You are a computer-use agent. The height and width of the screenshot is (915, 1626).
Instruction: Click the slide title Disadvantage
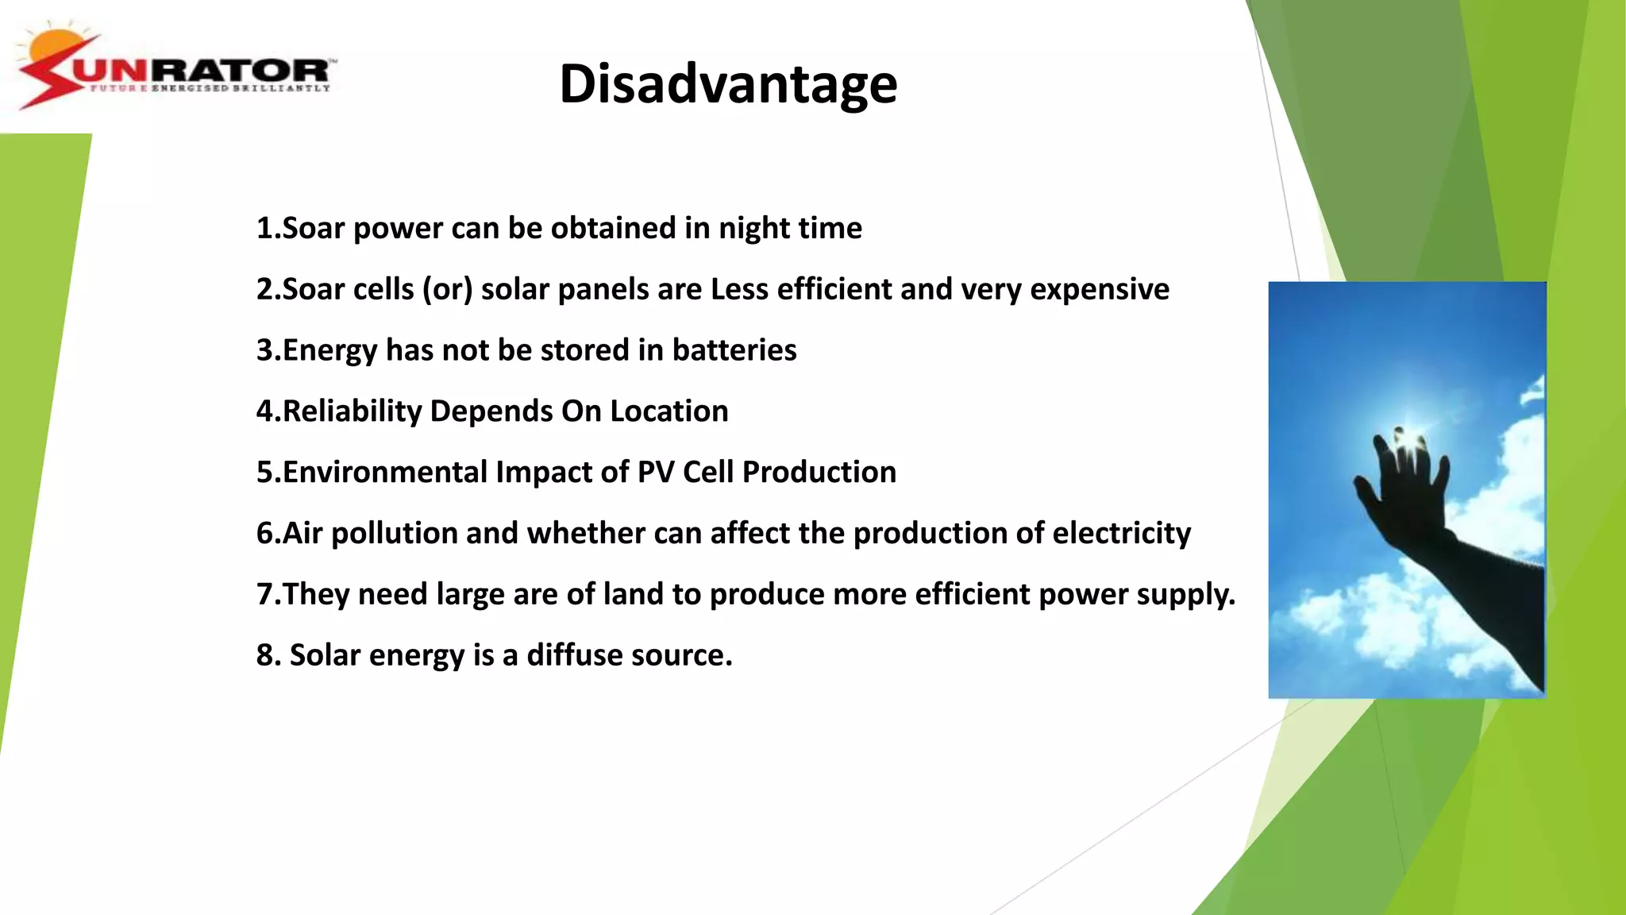[x=728, y=84]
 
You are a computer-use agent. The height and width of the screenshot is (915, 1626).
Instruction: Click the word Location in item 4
[x=669, y=411]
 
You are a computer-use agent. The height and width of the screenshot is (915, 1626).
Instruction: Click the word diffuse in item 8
[x=574, y=655]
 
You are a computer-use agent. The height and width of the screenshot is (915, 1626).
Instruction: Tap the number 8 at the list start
[x=264, y=655]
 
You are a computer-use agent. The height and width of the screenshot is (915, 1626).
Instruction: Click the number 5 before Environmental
[x=264, y=473]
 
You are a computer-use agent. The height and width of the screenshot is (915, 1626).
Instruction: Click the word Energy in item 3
[x=329, y=350]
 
